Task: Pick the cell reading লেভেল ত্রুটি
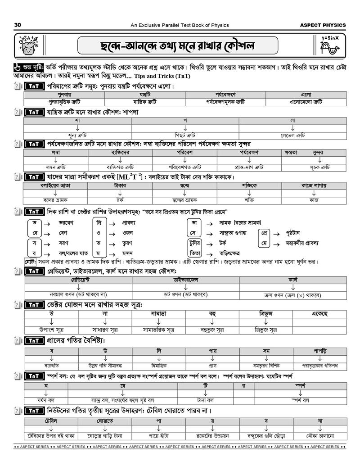pyautogui.click(x=292, y=135)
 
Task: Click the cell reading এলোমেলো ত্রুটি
pyautogui.click(x=306, y=102)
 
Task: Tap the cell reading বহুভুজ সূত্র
pyautogui.click(x=212, y=330)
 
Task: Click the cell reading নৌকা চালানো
pyautogui.click(x=320, y=436)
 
